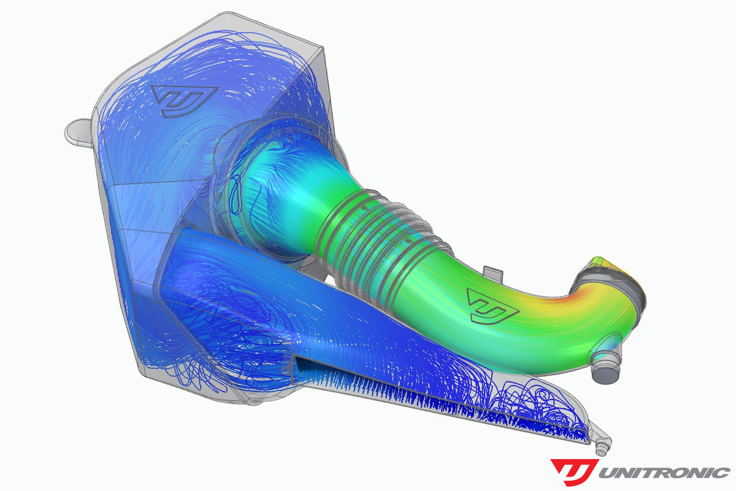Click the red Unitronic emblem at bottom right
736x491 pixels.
click(x=573, y=471)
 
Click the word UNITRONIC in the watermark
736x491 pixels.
click(x=664, y=473)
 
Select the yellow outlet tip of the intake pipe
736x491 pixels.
click(x=632, y=276)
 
